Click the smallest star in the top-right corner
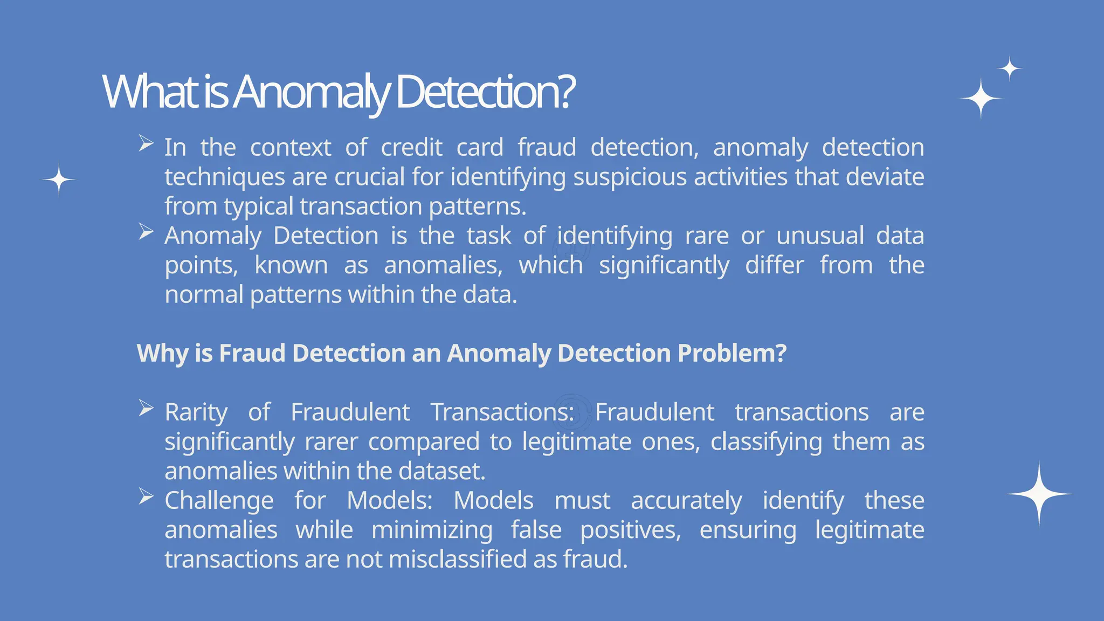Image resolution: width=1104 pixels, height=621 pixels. [1010, 69]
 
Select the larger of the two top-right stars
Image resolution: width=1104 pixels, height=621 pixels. [981, 99]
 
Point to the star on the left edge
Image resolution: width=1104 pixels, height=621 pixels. [59, 179]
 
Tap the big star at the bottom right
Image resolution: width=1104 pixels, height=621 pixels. [1039, 494]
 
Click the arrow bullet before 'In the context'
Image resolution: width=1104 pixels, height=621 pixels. [146, 143]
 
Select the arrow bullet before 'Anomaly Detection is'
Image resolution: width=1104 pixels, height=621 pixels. [146, 232]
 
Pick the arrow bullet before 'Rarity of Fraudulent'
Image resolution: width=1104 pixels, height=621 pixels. [146, 408]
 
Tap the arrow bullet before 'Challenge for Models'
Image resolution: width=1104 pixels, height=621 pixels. [146, 496]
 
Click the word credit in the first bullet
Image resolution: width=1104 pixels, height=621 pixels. [412, 148]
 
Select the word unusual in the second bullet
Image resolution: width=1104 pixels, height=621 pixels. [820, 236]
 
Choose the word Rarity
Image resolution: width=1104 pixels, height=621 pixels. [196, 413]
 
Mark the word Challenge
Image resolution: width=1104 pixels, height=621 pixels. [219, 501]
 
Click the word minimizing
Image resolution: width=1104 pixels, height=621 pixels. [432, 530]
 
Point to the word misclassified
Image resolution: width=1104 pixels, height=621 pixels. [458, 560]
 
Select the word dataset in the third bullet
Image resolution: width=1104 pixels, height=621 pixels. [441, 472]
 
